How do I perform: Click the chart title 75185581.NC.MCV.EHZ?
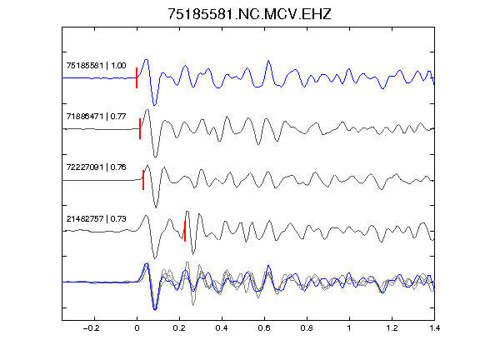[x=249, y=14]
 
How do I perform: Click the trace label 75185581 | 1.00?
[x=96, y=66]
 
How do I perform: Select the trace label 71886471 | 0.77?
[x=96, y=117]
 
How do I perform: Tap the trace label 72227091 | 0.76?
[x=96, y=167]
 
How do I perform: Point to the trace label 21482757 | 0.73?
[x=96, y=219]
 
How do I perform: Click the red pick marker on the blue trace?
[x=137, y=77]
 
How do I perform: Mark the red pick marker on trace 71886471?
[x=140, y=129]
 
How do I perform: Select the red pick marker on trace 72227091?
[x=143, y=180]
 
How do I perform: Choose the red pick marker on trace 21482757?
[x=185, y=231]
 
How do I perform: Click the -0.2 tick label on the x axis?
[x=92, y=328]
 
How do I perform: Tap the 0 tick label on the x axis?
[x=137, y=328]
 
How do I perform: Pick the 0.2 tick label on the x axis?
[x=179, y=328]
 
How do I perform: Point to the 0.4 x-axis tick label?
[x=222, y=328]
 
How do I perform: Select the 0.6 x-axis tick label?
[x=264, y=328]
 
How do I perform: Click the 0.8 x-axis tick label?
[x=307, y=328]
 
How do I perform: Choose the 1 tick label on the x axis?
[x=349, y=328]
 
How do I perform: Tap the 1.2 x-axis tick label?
[x=392, y=328]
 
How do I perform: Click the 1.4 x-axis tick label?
[x=434, y=328]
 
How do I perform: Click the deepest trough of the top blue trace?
[x=155, y=105]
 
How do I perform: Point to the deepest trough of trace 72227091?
[x=156, y=207]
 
